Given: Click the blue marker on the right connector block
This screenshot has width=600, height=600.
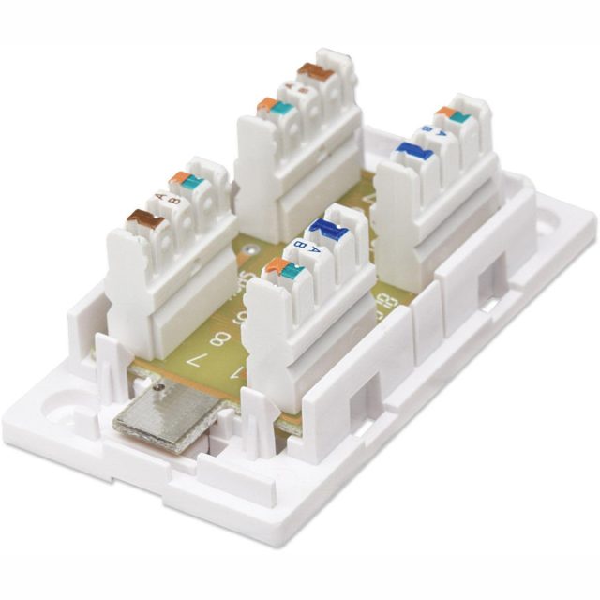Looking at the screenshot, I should [412, 151].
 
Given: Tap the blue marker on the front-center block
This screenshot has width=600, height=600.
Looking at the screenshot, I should [326, 228].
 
